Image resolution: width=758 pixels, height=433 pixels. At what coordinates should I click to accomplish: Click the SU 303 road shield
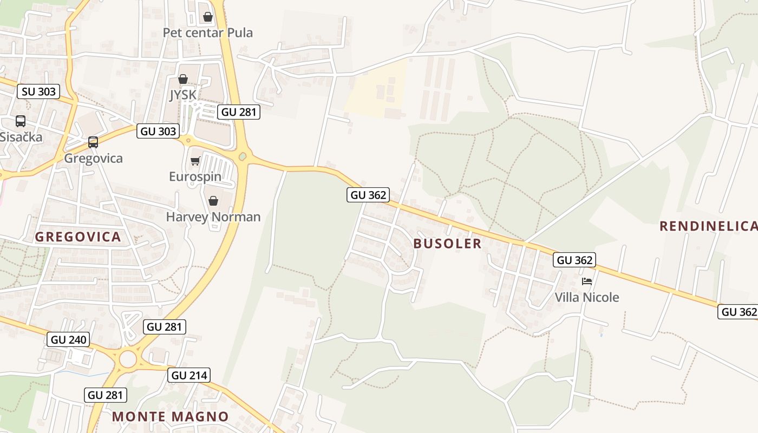point(38,91)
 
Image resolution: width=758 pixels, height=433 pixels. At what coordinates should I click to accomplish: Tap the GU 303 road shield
point(158,131)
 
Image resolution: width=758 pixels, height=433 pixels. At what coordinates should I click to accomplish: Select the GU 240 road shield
point(69,339)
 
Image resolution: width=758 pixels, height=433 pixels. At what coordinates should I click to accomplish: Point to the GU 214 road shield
point(188,375)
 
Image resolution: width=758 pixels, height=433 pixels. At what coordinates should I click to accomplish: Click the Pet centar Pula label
point(208,32)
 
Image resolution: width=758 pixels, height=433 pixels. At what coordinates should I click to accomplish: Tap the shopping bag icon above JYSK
point(183,80)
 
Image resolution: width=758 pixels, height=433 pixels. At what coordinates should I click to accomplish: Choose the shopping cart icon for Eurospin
point(195,161)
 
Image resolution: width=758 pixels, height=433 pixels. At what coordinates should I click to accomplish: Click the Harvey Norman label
point(213,217)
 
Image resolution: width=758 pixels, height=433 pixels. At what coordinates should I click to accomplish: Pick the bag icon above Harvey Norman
point(213,201)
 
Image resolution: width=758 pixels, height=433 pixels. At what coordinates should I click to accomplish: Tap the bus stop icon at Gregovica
point(93,142)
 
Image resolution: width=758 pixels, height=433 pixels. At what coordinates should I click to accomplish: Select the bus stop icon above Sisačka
point(21,121)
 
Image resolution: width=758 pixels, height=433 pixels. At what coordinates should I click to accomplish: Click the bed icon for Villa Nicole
point(587,281)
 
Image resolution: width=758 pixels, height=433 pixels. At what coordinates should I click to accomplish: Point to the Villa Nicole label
point(587,297)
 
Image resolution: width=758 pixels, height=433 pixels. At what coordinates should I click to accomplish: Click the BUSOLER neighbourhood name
point(447,244)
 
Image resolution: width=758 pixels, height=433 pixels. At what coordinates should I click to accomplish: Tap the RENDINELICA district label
point(708,226)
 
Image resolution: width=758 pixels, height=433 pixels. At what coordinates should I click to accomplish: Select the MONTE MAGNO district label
point(171,416)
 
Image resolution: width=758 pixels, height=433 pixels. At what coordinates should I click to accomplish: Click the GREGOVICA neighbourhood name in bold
point(78,237)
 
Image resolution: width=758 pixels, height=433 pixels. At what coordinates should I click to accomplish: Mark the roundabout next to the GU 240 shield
point(128,359)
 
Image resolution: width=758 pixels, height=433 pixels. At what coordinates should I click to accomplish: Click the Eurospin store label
point(195,176)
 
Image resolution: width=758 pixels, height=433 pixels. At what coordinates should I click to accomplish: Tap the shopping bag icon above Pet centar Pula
point(208,17)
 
